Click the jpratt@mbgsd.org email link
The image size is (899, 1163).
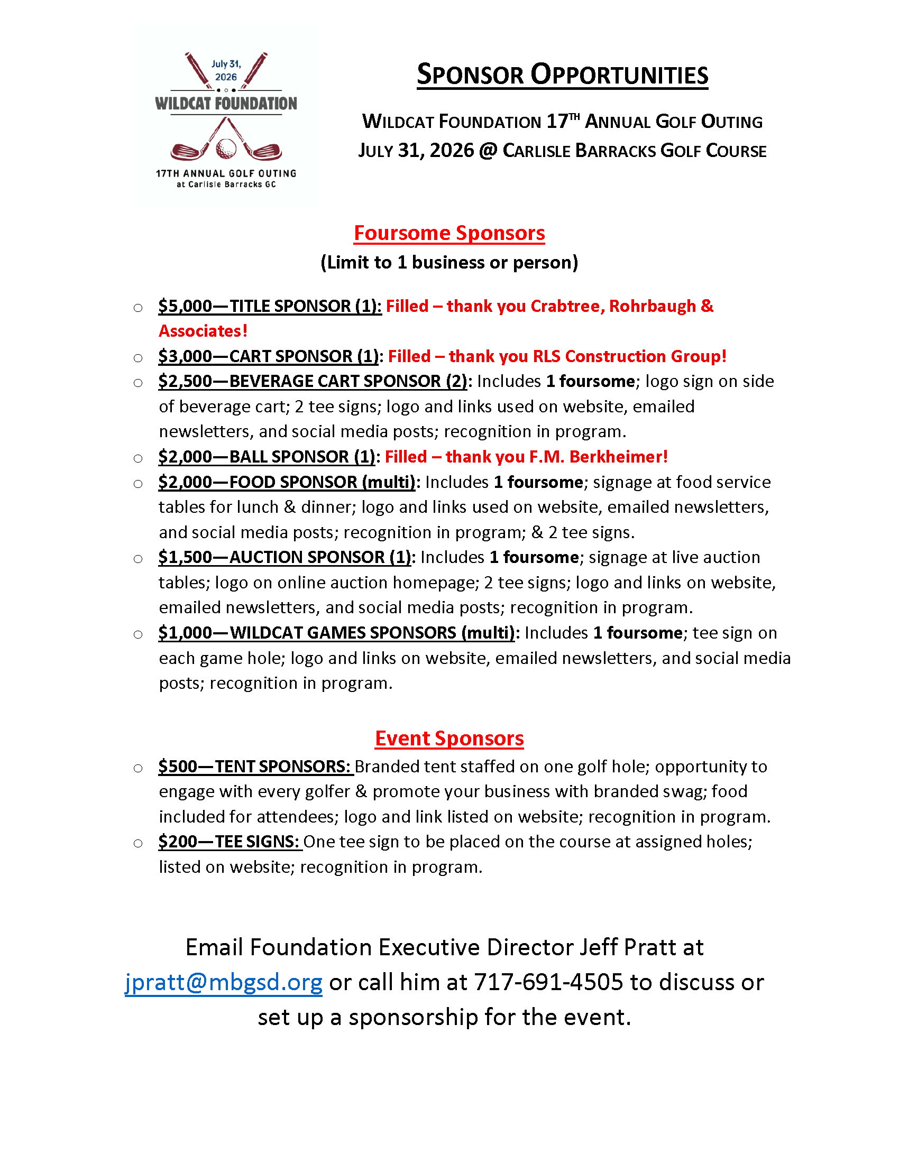(224, 983)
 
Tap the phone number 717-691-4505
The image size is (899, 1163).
(548, 983)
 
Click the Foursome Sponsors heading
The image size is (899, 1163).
(449, 233)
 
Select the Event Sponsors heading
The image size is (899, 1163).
(449, 739)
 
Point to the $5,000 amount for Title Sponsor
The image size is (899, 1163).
(185, 306)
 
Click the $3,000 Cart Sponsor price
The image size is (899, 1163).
(185, 356)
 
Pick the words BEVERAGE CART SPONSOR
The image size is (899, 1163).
(335, 381)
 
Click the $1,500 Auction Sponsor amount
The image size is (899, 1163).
(185, 558)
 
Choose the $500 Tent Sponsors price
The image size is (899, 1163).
(178, 767)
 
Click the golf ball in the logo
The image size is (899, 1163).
(226, 149)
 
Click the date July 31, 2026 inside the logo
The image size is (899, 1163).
(226, 70)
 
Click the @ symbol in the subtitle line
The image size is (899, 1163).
(488, 151)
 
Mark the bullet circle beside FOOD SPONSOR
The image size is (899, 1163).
(138, 484)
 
